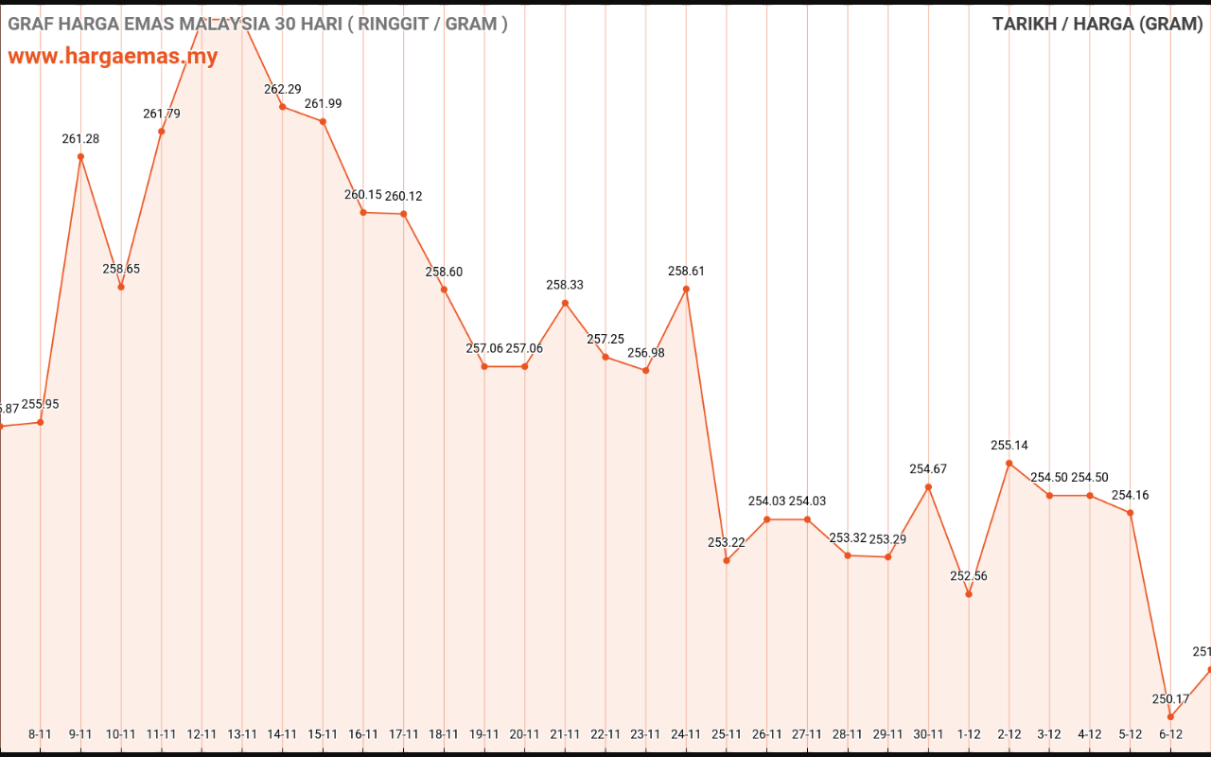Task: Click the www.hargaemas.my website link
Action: [113, 56]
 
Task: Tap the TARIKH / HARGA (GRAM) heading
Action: [1097, 24]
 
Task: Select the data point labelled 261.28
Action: [80, 156]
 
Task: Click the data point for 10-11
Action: [121, 287]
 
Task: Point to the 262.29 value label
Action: [282, 89]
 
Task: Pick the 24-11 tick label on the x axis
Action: [686, 733]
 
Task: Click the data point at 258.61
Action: [686, 289]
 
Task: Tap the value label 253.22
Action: [727, 542]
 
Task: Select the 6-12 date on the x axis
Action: [1170, 733]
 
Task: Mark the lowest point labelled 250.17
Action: [1170, 716]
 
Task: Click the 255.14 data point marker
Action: [1009, 463]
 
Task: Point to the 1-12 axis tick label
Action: [969, 733]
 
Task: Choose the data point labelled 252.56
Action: [969, 594]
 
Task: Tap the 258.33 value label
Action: [565, 285]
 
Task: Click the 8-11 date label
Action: [40, 733]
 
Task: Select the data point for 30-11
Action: [928, 486]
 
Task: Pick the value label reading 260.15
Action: [363, 195]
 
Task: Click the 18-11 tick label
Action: [444, 733]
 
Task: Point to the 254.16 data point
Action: [1131, 513]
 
